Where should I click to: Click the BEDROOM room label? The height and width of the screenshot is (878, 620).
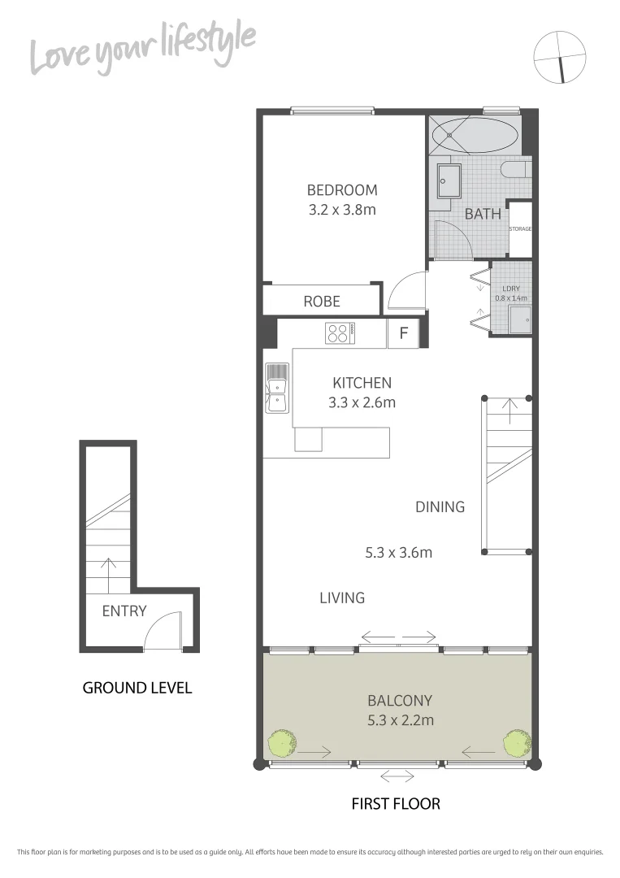[341, 190]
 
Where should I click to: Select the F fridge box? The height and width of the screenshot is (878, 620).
[403, 333]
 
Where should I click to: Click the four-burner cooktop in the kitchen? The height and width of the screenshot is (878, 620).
[340, 333]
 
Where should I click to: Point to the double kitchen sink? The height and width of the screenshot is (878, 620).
[276, 388]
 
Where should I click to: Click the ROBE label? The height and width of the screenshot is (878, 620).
[322, 301]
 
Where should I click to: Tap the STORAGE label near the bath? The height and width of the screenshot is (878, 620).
[520, 229]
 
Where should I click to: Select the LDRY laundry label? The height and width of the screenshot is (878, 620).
[511, 289]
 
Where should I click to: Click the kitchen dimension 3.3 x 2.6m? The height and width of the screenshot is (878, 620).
[362, 402]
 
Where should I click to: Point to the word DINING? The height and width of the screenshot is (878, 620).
[440, 507]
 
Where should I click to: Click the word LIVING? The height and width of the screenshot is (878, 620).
[341, 598]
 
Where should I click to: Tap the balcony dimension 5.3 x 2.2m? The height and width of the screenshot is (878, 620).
[399, 719]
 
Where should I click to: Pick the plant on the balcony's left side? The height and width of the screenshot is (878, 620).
[281, 743]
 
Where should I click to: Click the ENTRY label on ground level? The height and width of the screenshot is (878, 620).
[124, 611]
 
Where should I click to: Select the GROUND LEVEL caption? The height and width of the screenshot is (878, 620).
[137, 688]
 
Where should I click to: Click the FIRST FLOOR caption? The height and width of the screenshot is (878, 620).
[396, 804]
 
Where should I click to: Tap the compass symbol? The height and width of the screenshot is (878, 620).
[560, 57]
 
